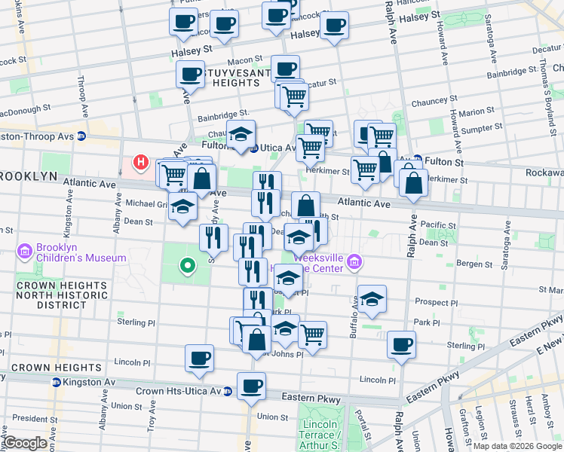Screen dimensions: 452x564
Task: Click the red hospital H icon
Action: point(139,161)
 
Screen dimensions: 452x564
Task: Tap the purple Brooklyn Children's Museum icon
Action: point(24,250)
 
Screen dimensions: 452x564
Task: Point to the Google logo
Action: point(25,443)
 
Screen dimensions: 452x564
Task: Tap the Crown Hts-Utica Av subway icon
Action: point(227,391)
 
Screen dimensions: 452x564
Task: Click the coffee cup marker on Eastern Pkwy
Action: point(251,386)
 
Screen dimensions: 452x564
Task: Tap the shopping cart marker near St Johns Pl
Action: point(312,333)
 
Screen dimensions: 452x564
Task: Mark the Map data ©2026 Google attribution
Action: point(517,446)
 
